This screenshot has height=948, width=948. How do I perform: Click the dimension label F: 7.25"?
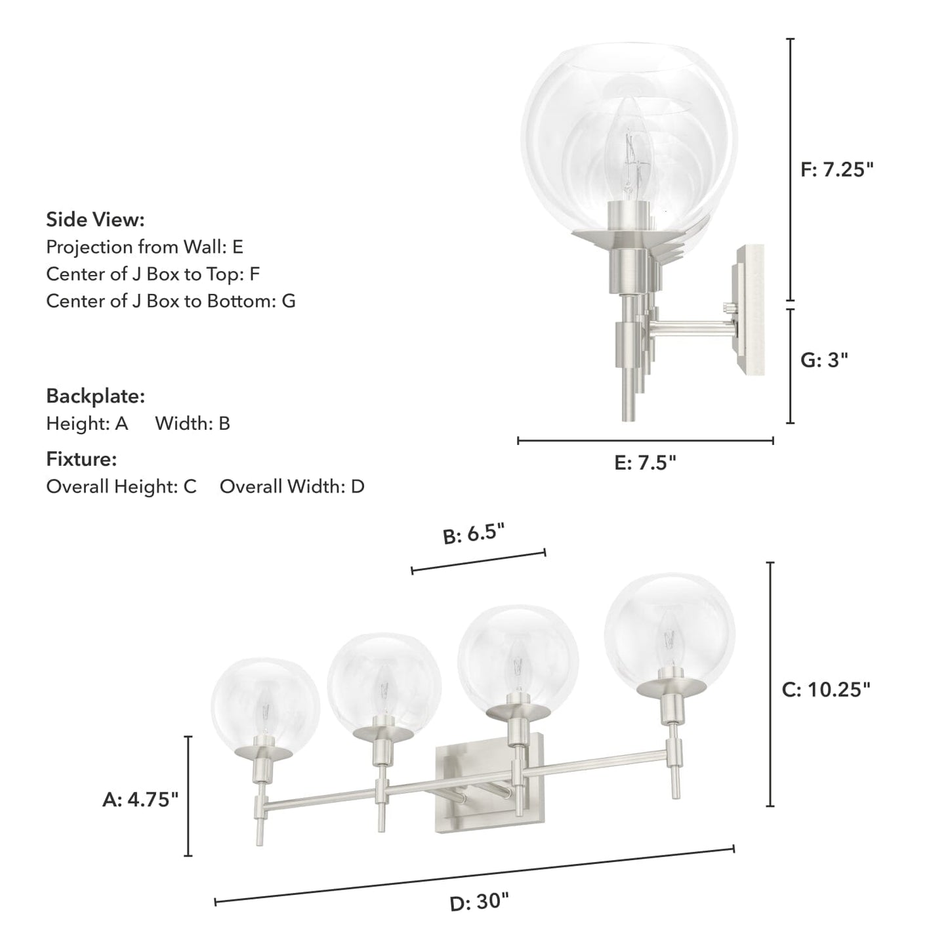837,170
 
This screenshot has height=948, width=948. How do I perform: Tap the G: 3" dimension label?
824,360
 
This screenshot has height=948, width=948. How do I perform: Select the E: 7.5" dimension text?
645,463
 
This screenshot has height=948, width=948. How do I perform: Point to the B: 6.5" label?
474,534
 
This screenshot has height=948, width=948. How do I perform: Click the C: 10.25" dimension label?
826,690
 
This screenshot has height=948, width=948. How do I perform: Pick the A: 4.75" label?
140,799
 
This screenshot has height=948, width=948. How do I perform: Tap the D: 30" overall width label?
479,903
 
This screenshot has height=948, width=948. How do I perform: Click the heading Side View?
95,220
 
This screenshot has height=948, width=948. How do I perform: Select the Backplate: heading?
95,396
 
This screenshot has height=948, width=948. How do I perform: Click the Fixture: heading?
81,459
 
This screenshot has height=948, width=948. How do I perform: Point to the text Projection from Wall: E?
144,247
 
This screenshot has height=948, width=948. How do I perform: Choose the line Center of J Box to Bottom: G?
171,301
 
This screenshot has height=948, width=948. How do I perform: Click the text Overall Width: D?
292,487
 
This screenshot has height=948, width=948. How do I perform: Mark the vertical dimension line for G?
791,366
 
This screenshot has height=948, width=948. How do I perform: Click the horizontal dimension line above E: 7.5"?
645,441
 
